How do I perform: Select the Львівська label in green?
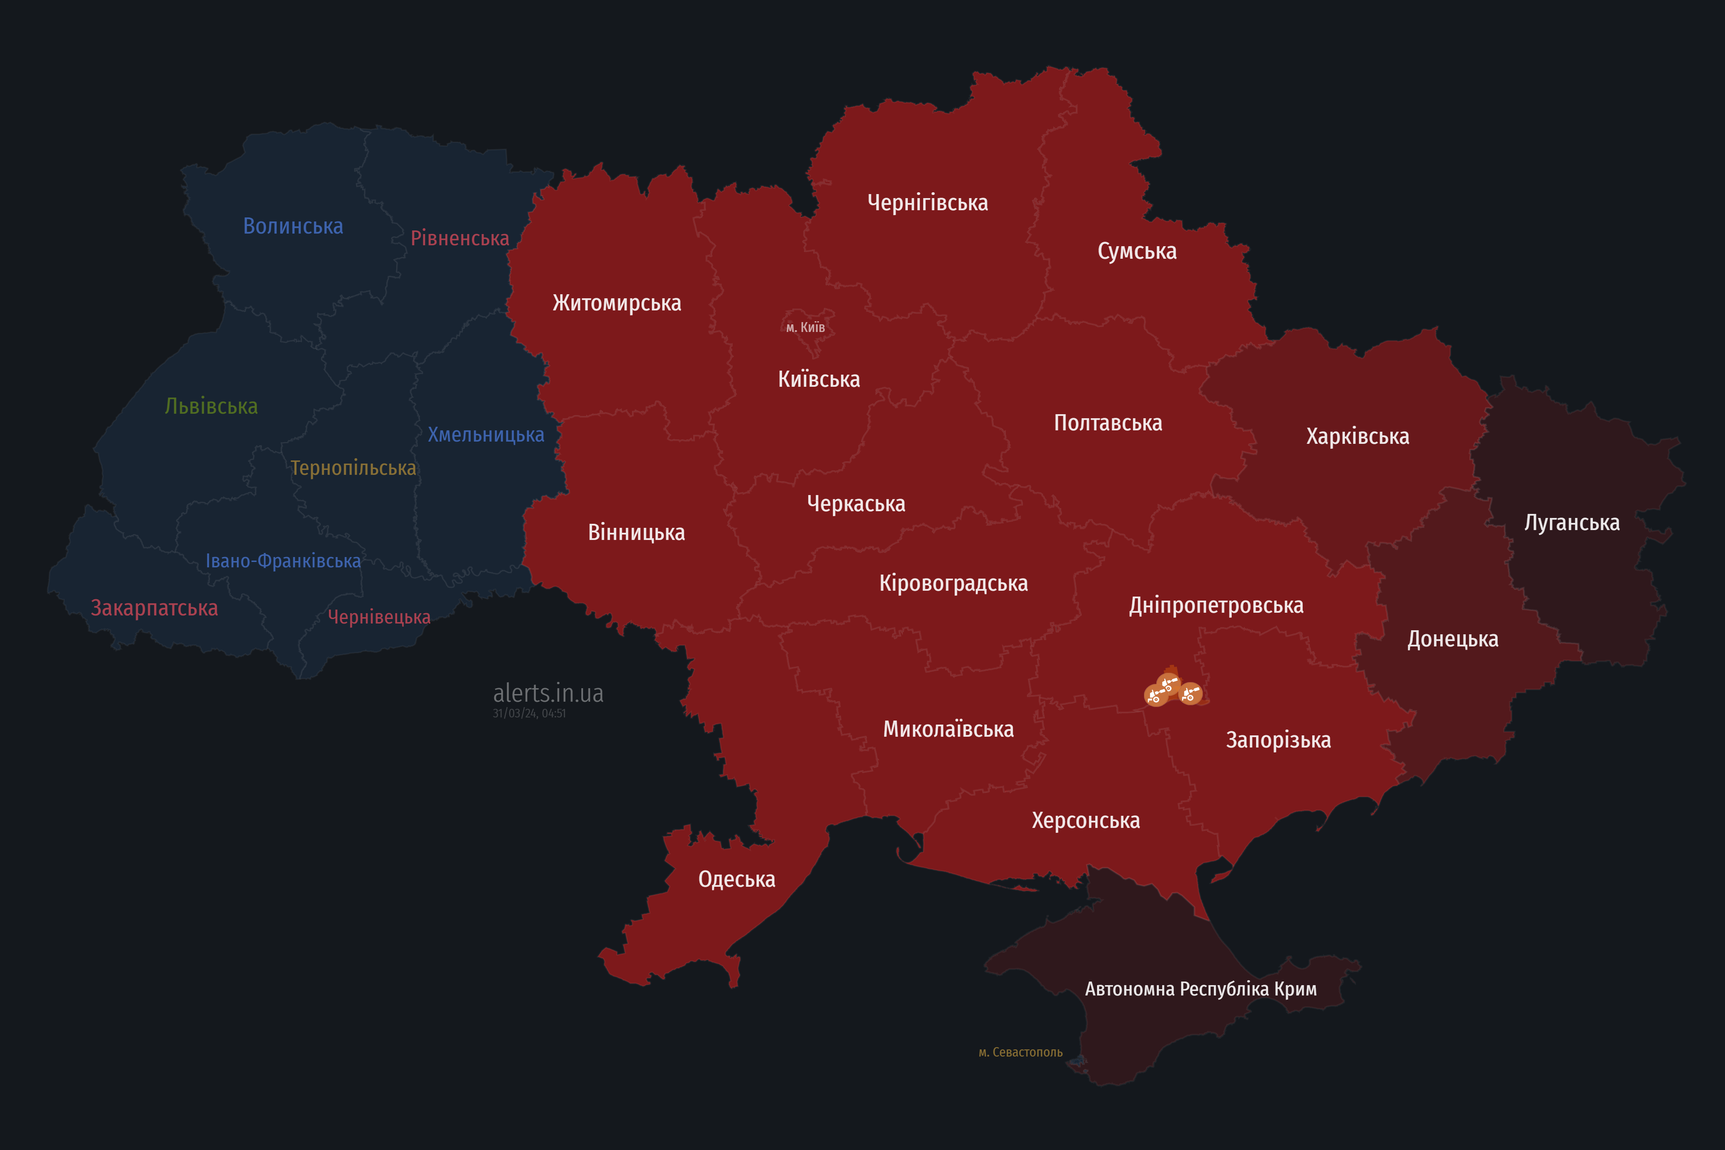click(x=211, y=406)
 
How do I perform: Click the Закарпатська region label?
click(x=154, y=608)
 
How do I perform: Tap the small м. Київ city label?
click(x=805, y=327)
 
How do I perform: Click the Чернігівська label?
click(x=927, y=203)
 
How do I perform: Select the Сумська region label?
click(x=1137, y=251)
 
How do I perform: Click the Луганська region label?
click(x=1572, y=522)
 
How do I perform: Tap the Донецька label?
click(x=1452, y=639)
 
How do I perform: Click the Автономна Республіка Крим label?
click(x=1201, y=989)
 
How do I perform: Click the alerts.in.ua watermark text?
click(x=548, y=693)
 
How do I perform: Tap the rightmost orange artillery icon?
click(x=1190, y=694)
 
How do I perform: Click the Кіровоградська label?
click(x=953, y=583)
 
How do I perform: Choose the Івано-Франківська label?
click(x=283, y=561)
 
